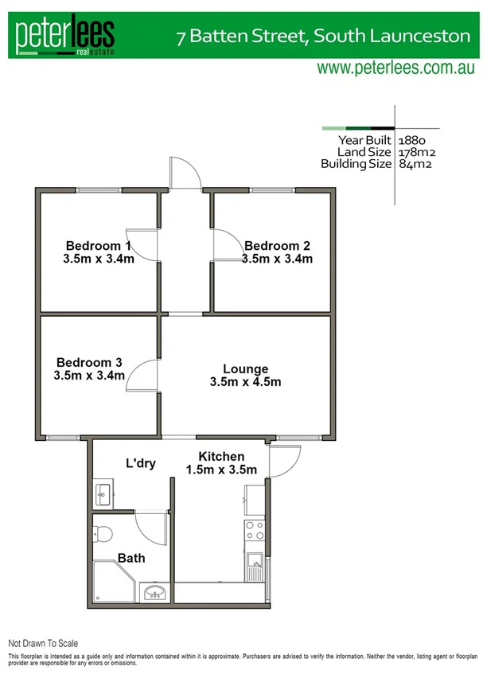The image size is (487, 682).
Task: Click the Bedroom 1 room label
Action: pos(98,245)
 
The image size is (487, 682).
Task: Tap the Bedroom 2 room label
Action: pos(277,245)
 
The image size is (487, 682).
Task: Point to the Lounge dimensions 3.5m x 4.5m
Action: pos(245,382)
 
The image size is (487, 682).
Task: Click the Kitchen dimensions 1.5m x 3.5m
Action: pos(221,470)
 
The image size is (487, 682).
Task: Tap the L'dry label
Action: pos(140,462)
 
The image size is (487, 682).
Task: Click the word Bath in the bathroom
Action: pos(131,558)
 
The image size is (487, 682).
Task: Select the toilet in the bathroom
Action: pos(103,531)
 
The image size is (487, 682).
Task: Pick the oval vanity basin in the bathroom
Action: pos(156,591)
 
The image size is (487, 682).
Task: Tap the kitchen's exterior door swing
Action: pos(285,460)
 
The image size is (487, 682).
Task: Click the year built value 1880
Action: pos(413,139)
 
